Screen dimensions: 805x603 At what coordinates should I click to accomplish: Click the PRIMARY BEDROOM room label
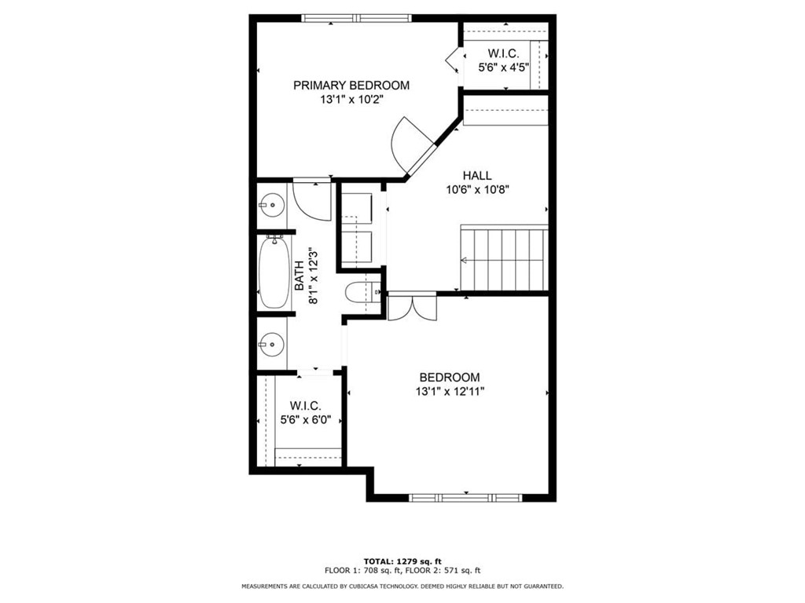pos(351,85)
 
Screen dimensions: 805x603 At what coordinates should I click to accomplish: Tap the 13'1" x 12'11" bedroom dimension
pos(450,392)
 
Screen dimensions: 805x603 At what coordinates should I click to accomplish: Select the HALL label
pos(477,175)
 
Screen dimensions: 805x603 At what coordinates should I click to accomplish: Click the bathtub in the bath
pos(274,272)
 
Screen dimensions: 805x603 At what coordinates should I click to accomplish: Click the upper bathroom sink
pos(271,205)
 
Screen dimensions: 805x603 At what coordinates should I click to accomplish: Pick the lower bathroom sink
pos(270,345)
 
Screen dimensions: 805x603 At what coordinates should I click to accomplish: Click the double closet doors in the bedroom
pos(412,307)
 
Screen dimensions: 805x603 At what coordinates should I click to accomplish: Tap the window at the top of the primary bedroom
pos(356,19)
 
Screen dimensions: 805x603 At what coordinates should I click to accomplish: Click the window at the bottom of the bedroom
pos(465,497)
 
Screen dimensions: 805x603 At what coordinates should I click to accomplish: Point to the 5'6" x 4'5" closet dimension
pos(503,68)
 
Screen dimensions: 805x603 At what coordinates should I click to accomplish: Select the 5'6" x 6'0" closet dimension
pos(306,420)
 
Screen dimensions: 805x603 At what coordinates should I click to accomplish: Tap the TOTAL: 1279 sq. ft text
pos(402,561)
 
